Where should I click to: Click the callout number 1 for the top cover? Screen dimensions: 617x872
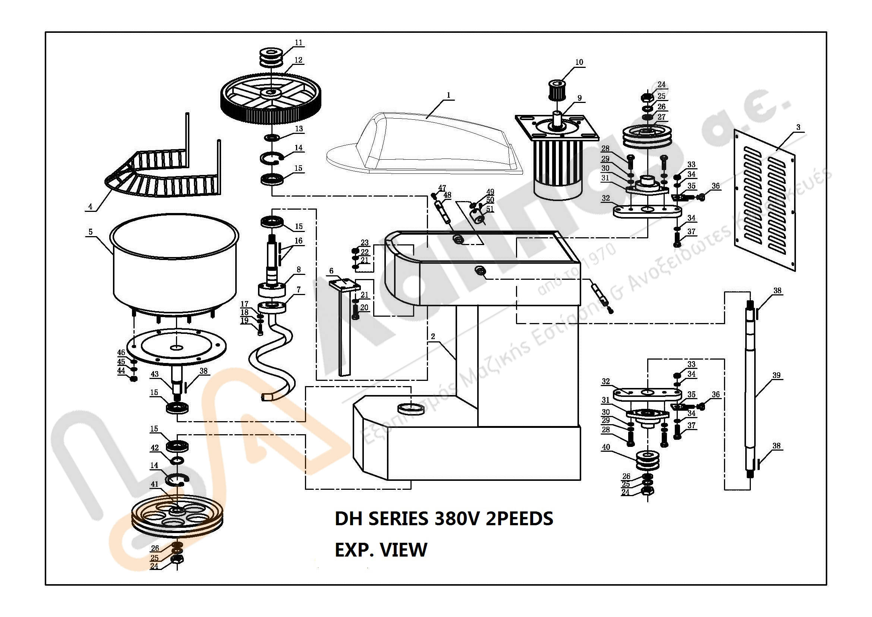pyautogui.click(x=448, y=95)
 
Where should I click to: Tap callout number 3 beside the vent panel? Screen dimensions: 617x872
pyautogui.click(x=798, y=127)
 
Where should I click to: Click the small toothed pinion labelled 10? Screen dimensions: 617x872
pyautogui.click(x=557, y=89)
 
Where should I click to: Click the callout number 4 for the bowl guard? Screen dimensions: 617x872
pyautogui.click(x=90, y=207)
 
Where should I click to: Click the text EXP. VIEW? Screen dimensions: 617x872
pyautogui.click(x=381, y=550)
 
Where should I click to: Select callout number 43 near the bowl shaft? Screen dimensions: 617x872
pyautogui.click(x=155, y=374)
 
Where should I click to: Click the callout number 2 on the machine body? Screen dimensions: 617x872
pyautogui.click(x=433, y=336)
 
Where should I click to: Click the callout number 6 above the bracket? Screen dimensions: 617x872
pyautogui.click(x=331, y=271)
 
